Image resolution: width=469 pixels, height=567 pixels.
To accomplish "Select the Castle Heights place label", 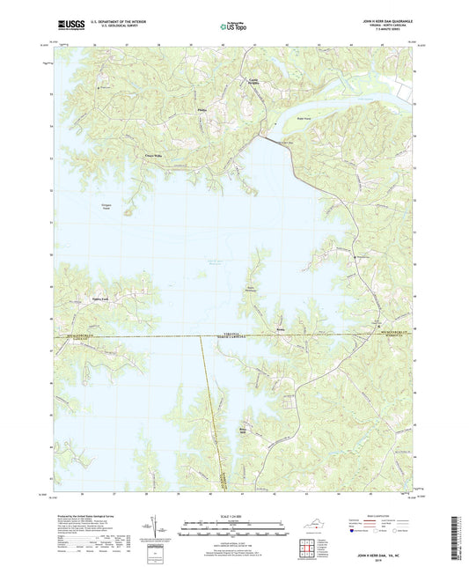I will coord(251,84).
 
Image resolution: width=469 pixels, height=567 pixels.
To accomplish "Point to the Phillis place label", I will coord(201,111).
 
